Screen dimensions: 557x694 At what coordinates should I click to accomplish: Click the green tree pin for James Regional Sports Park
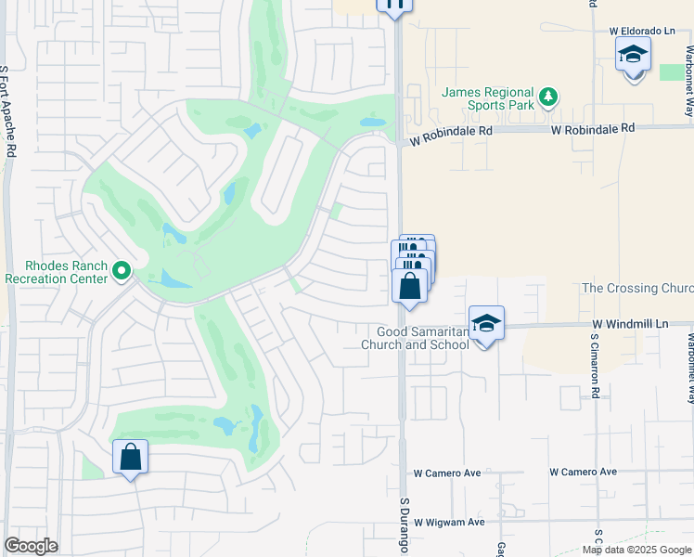pos(548,96)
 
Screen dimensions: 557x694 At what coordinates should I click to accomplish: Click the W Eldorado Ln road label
pos(642,31)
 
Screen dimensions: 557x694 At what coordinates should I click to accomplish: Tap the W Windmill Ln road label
pos(630,324)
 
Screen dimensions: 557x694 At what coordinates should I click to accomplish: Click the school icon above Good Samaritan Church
pos(486,324)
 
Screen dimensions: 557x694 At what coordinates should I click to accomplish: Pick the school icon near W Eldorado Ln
pos(633,55)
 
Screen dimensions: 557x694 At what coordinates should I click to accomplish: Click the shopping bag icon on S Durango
pos(410,285)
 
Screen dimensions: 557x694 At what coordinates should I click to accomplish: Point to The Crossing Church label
pos(637,289)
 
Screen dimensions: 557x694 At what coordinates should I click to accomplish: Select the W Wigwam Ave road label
pos(449,522)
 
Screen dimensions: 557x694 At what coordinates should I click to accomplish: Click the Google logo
pos(31,546)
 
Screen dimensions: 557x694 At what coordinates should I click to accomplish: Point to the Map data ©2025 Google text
pos(636,550)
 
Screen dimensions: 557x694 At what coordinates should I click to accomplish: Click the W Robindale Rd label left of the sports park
pos(451,132)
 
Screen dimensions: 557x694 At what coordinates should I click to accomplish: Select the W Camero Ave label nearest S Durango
pos(447,473)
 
